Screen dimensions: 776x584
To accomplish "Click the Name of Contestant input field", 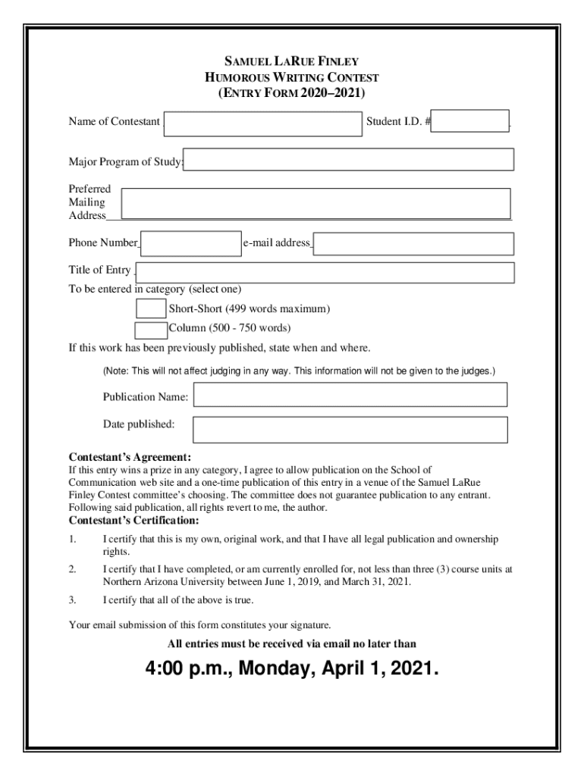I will (x=262, y=123).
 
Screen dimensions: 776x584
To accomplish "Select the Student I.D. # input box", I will (x=473, y=121).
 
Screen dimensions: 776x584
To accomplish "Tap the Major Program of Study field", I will (x=350, y=160).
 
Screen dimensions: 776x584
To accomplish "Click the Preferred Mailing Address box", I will (x=316, y=203).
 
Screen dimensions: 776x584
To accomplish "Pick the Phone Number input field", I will (x=191, y=244).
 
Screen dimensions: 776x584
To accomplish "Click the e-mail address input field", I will (x=414, y=244).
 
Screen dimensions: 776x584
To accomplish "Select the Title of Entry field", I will (x=325, y=272).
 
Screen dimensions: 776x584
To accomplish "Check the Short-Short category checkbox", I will (x=150, y=308).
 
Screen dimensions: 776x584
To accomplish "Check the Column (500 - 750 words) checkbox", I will (x=150, y=330).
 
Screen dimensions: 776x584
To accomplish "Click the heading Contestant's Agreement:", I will (x=130, y=458).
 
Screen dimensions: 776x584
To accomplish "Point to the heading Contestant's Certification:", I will (x=134, y=521).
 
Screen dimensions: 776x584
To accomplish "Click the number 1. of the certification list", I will (x=73, y=539).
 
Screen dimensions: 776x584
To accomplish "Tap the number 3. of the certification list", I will (x=73, y=600).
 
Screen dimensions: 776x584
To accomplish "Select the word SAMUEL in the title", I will (x=246, y=61).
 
